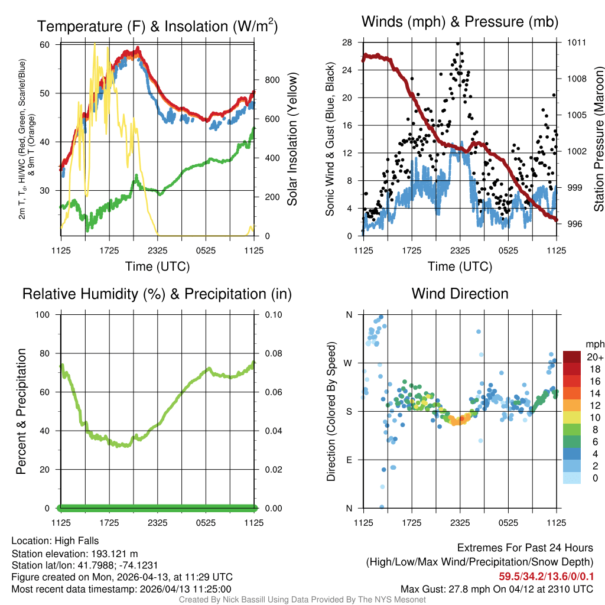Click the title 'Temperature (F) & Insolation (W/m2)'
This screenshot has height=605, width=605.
(x=157, y=26)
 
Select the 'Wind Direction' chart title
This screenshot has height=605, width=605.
(x=460, y=294)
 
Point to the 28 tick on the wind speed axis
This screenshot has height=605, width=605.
(x=347, y=43)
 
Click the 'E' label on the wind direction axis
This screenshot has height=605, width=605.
(x=348, y=460)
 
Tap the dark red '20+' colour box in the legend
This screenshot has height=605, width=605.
(x=573, y=357)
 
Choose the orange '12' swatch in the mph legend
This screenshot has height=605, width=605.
(x=573, y=405)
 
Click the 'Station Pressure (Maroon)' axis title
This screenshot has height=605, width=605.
(x=598, y=139)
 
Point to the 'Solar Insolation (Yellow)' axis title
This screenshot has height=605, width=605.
(x=292, y=139)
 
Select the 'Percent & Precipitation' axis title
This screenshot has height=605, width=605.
(x=21, y=411)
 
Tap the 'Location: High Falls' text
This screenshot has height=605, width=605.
(x=55, y=541)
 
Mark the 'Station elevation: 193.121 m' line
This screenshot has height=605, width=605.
(x=74, y=554)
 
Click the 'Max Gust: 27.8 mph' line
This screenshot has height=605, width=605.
(x=496, y=589)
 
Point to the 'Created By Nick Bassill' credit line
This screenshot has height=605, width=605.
(x=302, y=600)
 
